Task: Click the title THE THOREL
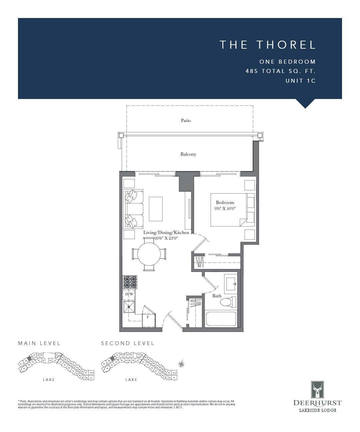pyautogui.click(x=267, y=45)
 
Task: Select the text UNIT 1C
pyautogui.click(x=300, y=81)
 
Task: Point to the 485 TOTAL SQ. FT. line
pyautogui.click(x=280, y=71)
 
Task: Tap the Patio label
pyautogui.click(x=186, y=120)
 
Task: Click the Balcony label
pyautogui.click(x=188, y=154)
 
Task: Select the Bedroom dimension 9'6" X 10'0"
pyautogui.click(x=225, y=209)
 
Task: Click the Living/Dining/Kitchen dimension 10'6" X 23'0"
pyautogui.click(x=166, y=238)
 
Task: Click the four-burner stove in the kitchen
pyautogui.click(x=130, y=282)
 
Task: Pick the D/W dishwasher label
pyautogui.click(x=129, y=294)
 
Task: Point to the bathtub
pyautogui.click(x=221, y=319)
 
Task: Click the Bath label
pyautogui.click(x=217, y=296)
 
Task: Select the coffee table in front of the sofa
pyautogui.click(x=156, y=209)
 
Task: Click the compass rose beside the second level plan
pyautogui.click(x=181, y=364)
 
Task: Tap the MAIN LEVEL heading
pyautogui.click(x=39, y=343)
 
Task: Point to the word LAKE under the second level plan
pyautogui.click(x=131, y=380)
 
